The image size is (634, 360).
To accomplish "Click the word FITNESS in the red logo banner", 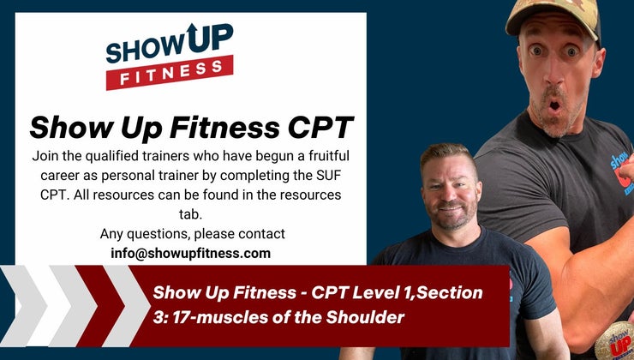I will pyautogui.click(x=170, y=74).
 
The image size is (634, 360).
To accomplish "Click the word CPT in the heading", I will pyautogui.click(x=315, y=127).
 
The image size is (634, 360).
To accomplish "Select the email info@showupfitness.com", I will pyautogui.click(x=190, y=253).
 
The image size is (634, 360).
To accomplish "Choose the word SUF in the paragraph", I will pyautogui.click(x=325, y=176).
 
